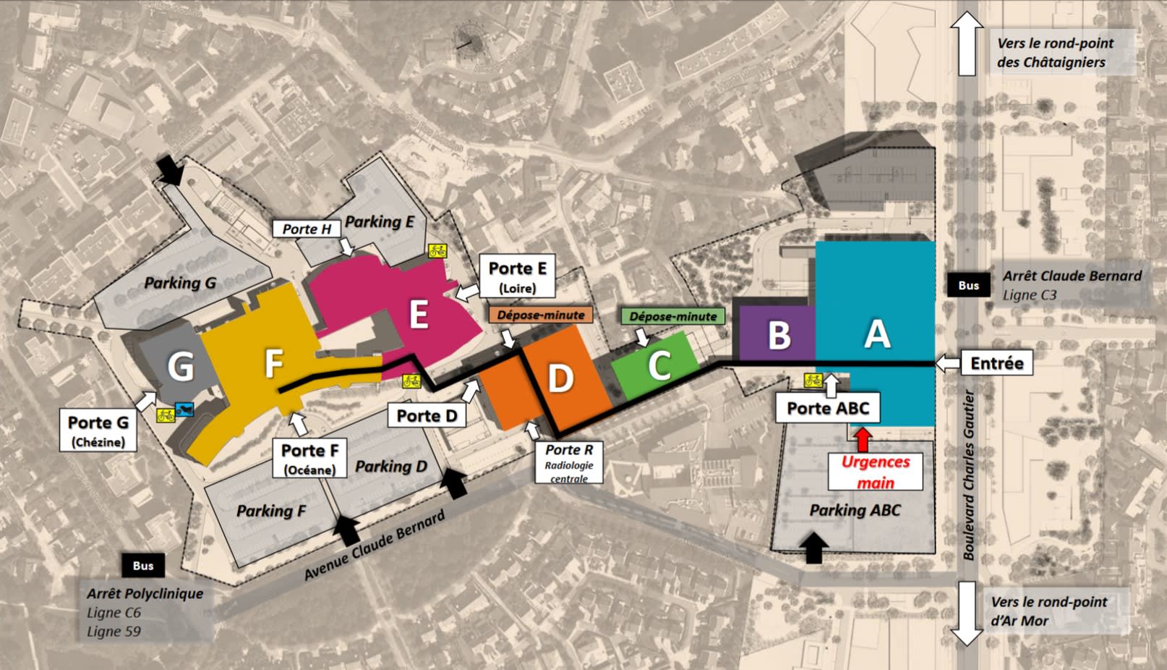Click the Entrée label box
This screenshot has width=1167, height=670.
(x=996, y=363)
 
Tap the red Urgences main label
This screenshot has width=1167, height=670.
(x=876, y=472)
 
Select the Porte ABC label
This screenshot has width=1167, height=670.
(x=828, y=409)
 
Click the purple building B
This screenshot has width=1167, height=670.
(x=778, y=334)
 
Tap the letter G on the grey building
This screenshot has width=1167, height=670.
(x=181, y=366)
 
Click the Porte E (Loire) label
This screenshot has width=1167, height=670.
(x=517, y=276)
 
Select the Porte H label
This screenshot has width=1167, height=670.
(x=307, y=229)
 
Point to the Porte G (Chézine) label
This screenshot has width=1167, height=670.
(x=98, y=431)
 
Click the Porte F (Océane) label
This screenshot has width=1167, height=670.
(x=309, y=459)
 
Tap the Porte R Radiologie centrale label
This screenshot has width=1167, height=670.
(x=569, y=462)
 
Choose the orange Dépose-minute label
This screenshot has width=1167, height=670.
(x=540, y=315)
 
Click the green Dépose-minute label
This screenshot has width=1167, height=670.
(x=672, y=316)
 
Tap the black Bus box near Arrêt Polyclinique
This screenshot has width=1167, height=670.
(x=143, y=566)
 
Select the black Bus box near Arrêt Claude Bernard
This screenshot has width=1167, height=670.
(x=968, y=285)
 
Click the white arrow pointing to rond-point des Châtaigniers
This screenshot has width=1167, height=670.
(x=967, y=43)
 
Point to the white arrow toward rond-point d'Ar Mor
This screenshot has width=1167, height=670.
(x=967, y=611)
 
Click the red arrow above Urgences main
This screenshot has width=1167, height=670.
(x=863, y=439)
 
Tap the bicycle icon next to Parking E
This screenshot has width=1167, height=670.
(x=437, y=251)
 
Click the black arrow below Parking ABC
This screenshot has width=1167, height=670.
(x=814, y=547)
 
